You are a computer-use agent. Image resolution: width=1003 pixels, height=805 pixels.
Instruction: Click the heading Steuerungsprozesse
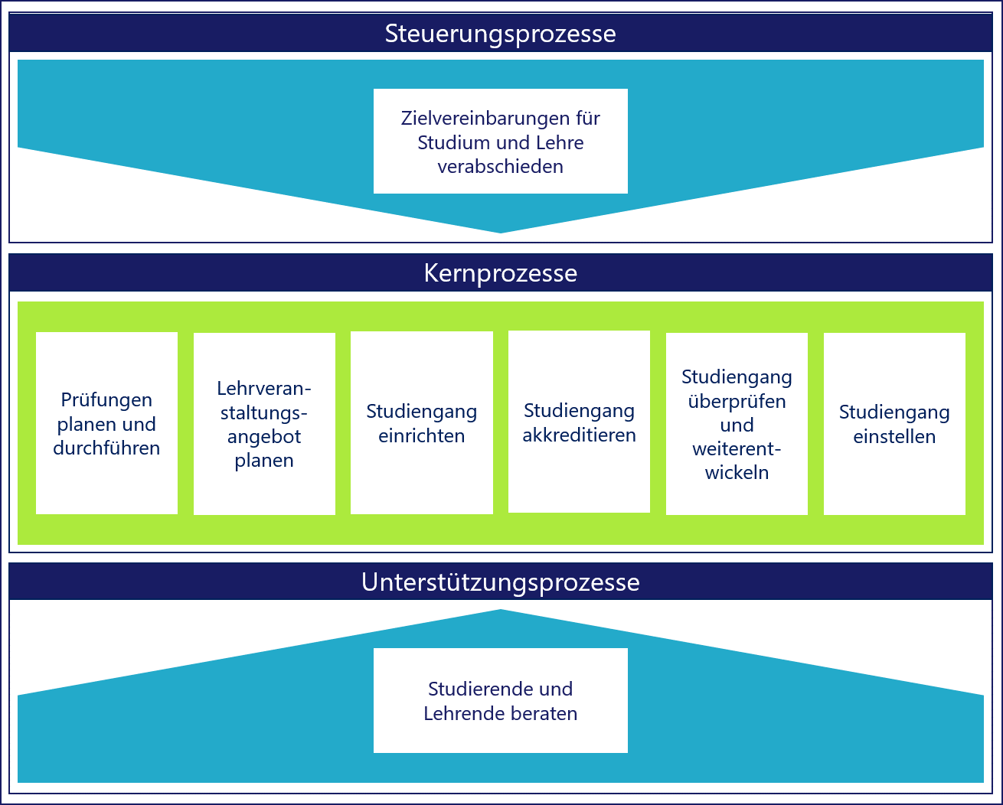pyautogui.click(x=500, y=34)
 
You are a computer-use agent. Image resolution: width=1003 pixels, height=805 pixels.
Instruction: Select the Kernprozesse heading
pyautogui.click(x=500, y=273)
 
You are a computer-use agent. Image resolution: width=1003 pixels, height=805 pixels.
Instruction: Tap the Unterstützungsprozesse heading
pyautogui.click(x=500, y=582)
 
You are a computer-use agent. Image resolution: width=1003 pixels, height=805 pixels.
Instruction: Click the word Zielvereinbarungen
pyautogui.click(x=457, y=119)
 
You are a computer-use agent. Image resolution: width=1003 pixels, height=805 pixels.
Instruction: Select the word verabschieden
pyautogui.click(x=500, y=167)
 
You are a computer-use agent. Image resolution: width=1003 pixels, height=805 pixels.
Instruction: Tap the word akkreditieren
pyautogui.click(x=579, y=435)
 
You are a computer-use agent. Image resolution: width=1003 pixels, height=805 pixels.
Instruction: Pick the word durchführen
pyautogui.click(x=106, y=448)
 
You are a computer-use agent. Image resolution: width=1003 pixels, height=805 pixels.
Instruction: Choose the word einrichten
pyautogui.click(x=421, y=436)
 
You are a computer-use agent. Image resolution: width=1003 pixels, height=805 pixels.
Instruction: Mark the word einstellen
pyautogui.click(x=894, y=437)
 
